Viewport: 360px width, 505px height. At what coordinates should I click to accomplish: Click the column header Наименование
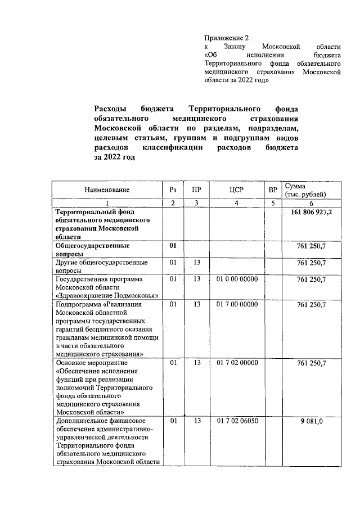pos(107,190)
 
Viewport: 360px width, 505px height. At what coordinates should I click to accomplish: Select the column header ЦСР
pos(236,190)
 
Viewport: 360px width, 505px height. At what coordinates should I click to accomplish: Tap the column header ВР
pos(273,190)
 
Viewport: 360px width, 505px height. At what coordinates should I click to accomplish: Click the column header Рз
pos(173,190)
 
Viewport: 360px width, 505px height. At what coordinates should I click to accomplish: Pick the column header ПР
pos(196,190)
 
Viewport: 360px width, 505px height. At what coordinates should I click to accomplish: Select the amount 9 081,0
pos(314,421)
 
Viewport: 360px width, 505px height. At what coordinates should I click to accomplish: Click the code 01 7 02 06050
pos(237,421)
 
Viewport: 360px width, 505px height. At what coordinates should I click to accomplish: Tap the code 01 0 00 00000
pos(237,279)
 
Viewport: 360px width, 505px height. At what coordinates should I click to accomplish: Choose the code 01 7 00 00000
pos(237,304)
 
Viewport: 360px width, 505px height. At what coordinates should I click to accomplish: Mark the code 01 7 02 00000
pos(237,363)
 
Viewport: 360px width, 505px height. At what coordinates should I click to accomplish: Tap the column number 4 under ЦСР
pos(236,203)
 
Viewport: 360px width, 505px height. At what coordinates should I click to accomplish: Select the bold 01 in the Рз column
pos(173,246)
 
